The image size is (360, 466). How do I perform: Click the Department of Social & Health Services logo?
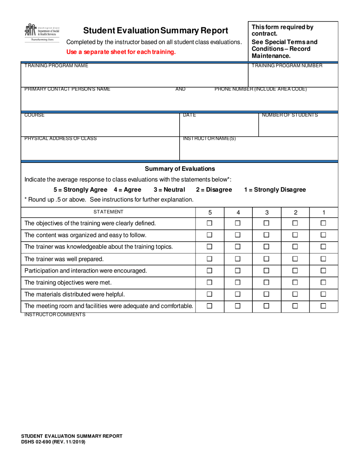coord(42,33)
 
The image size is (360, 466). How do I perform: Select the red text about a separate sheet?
coord(121,52)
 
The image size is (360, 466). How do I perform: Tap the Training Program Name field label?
coord(56,66)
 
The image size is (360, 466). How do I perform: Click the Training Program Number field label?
coord(287,66)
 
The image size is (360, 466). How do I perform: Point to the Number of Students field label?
coord(290,115)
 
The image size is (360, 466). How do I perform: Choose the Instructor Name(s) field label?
coord(209,139)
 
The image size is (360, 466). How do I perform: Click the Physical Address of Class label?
coord(60,139)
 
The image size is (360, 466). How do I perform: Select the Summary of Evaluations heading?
coord(180,169)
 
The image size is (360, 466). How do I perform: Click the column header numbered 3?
coord(266,213)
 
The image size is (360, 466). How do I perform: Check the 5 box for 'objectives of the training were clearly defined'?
coord(210,224)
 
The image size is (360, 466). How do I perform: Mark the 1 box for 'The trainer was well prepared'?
coord(323,259)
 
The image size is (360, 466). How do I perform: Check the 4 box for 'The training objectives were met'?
coord(238,283)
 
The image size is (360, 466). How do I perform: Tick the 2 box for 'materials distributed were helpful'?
coord(295,294)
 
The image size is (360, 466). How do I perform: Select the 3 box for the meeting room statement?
coord(266,306)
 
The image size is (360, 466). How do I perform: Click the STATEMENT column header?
coord(108,212)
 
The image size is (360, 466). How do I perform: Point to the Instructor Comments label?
coord(55,315)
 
